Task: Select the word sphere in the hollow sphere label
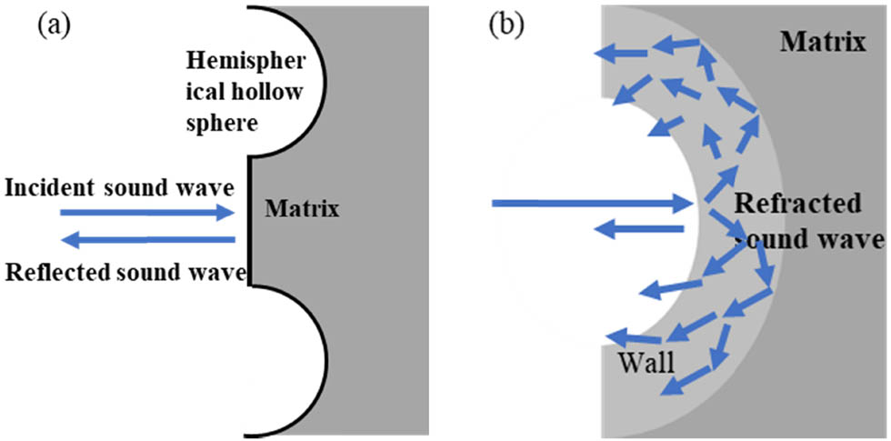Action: (215, 122)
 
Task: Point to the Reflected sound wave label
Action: (125, 272)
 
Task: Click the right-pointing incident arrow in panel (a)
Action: (146, 213)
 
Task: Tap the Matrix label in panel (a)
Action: (302, 210)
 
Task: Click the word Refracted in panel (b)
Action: (796, 204)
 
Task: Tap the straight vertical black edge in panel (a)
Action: (251, 219)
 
